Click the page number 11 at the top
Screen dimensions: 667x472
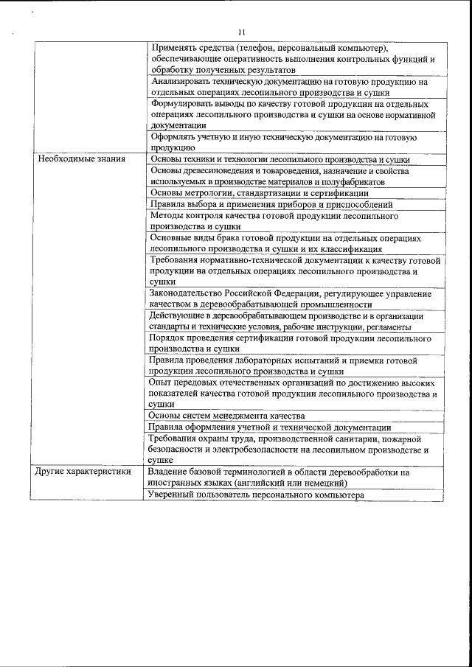point(241,32)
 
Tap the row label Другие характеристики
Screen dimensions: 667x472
point(83,471)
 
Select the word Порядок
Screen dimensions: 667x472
point(169,338)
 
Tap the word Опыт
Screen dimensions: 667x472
point(161,383)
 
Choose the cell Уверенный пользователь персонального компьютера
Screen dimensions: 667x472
point(257,495)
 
